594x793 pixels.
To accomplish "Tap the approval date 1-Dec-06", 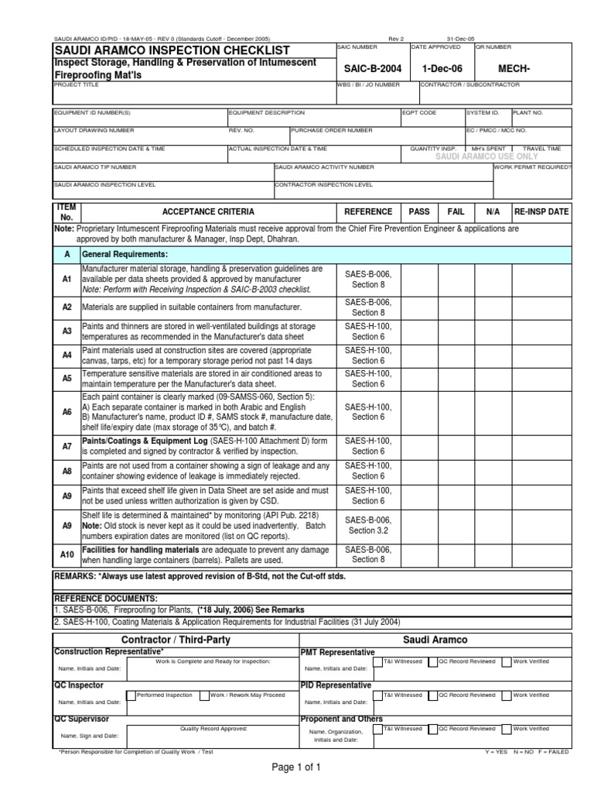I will [442, 69].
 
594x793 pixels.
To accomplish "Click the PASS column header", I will [418, 211].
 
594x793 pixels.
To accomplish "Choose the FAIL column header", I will [456, 211].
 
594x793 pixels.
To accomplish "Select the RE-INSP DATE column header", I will [541, 211].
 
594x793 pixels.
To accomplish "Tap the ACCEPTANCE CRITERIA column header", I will [207, 211].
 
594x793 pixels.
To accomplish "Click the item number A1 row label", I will [67, 278].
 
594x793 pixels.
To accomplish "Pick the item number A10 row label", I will [67, 554].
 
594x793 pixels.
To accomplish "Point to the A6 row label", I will [67, 412].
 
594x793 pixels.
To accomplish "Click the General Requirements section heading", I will [125, 254].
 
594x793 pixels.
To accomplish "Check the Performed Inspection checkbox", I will [131, 695].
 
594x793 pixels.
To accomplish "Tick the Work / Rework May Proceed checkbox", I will [204, 695].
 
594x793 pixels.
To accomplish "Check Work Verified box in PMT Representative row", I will [506, 662].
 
